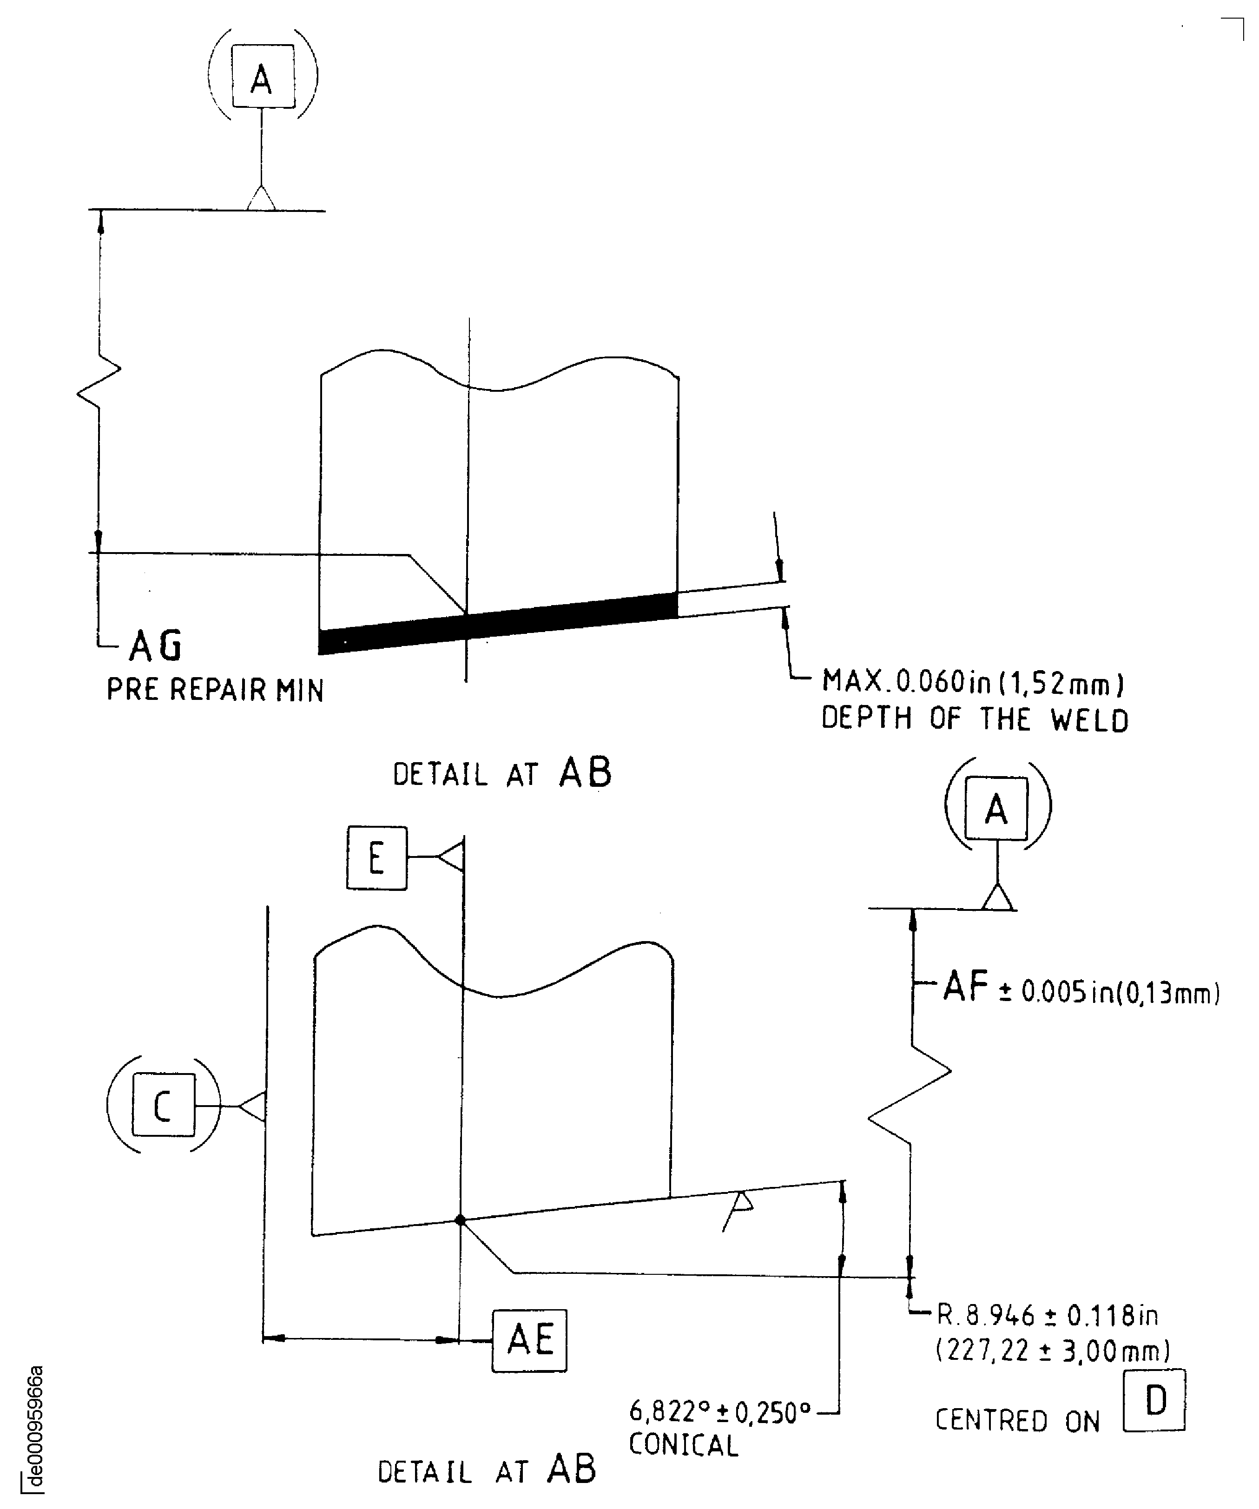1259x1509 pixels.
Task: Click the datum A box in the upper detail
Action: click(x=262, y=77)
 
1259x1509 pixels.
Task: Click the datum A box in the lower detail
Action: click(x=996, y=808)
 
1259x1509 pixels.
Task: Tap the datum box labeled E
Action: click(x=376, y=858)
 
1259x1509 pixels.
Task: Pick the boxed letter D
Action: click(x=1154, y=1401)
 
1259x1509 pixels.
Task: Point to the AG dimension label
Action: click(x=155, y=645)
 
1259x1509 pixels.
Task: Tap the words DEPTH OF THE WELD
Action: click(x=975, y=719)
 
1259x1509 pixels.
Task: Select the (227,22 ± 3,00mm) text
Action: click(x=1053, y=1351)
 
